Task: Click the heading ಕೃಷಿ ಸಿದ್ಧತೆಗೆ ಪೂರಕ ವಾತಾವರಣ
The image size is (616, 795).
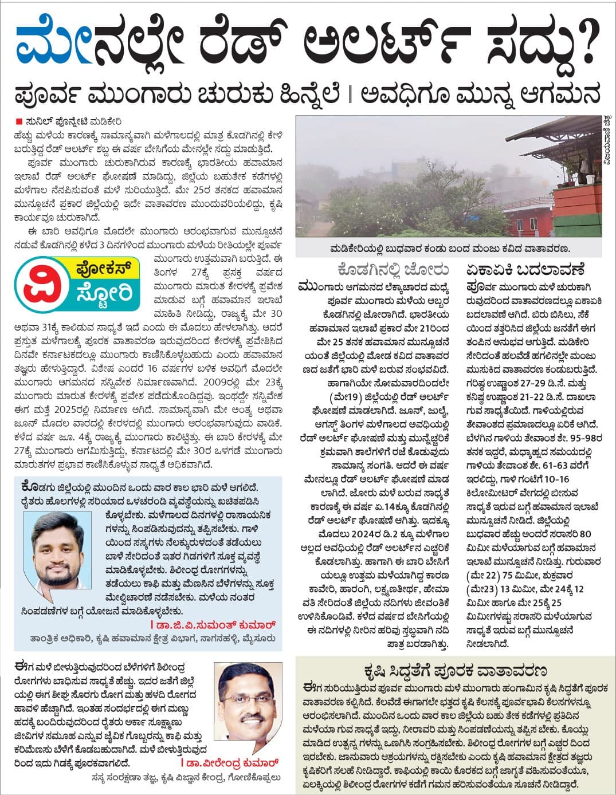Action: click(x=455, y=671)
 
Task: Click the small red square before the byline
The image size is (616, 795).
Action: click(x=19, y=121)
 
